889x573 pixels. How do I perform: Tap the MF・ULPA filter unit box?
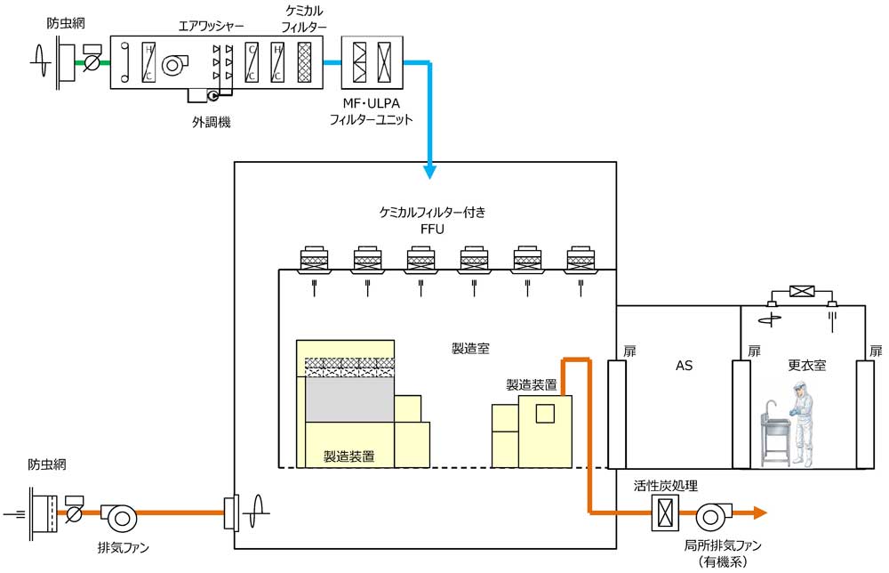tap(372, 63)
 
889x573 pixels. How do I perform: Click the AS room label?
tap(684, 365)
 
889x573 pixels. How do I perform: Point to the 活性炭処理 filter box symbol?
tap(666, 512)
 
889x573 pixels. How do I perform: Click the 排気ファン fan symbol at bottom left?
tap(116, 514)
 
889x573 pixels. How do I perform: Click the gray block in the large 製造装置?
tap(349, 399)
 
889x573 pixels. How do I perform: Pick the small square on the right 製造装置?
tap(544, 412)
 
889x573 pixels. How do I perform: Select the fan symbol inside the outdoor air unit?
tap(174, 62)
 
